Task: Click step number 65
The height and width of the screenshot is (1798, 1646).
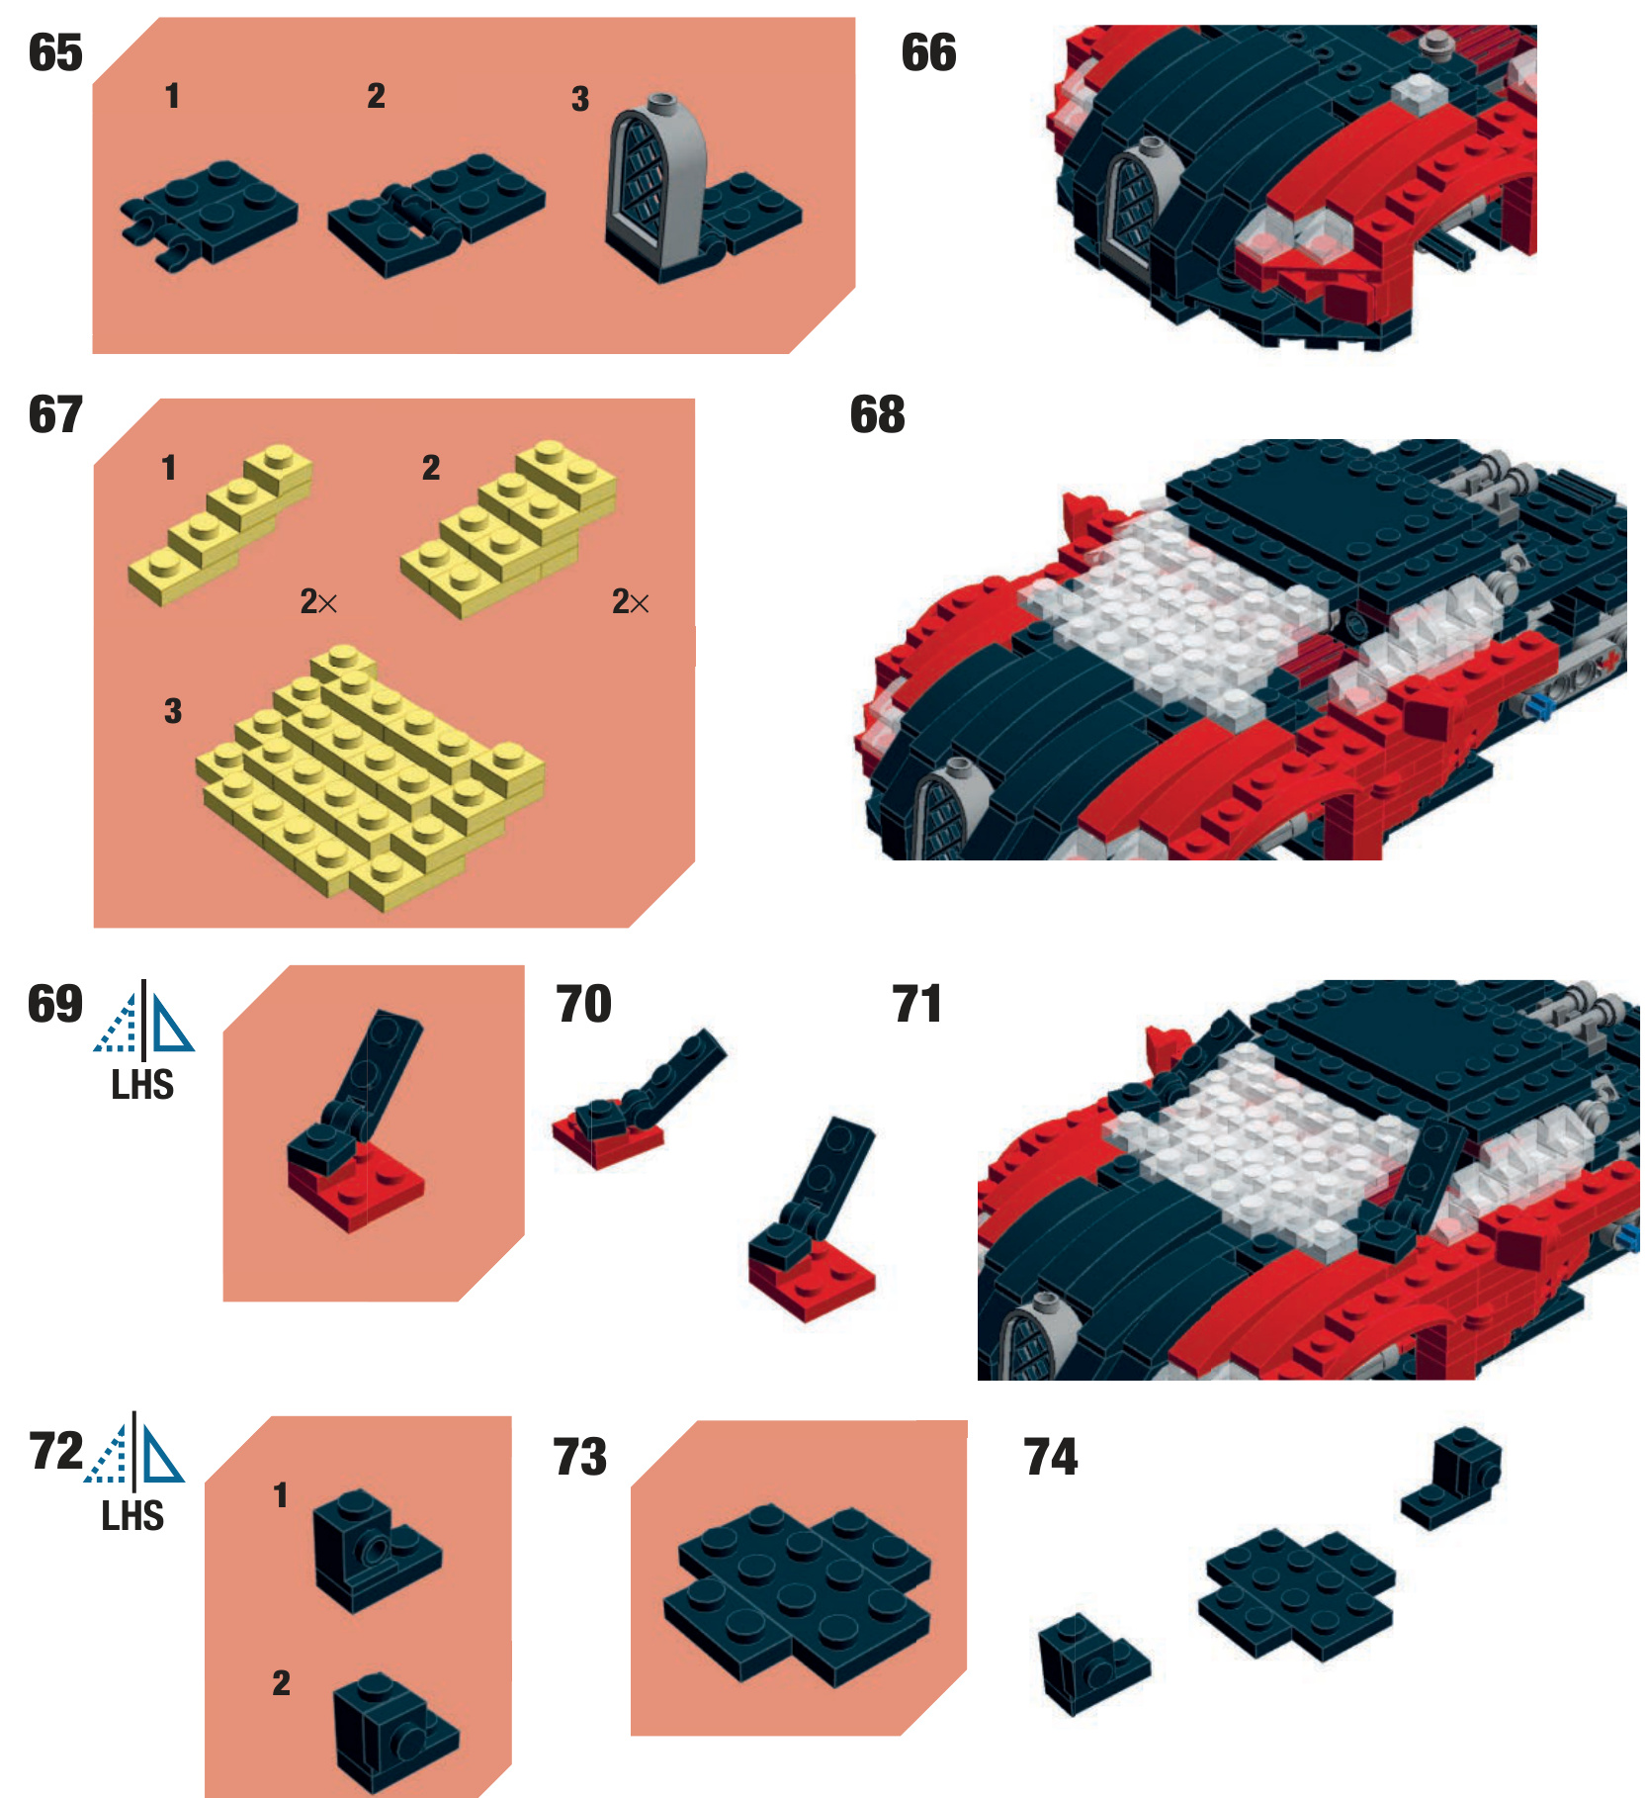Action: coord(55,52)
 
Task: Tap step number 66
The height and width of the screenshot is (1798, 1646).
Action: coord(928,52)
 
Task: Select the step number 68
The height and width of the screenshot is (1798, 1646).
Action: coord(877,414)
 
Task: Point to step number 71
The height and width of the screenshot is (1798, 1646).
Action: coord(916,1004)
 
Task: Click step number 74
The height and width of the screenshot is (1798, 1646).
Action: coord(1050,1457)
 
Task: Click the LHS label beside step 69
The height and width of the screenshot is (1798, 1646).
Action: coord(142,1085)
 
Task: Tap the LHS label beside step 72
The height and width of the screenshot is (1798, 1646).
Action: coord(132,1516)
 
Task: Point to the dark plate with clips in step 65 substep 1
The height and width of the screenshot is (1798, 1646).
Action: coord(209,214)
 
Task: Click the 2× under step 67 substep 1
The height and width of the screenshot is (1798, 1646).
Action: coord(318,601)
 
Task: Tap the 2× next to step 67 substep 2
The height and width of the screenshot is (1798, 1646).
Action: coord(630,601)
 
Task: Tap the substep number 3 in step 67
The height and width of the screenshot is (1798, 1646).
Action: coord(173,710)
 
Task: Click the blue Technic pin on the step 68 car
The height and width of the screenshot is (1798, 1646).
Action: coord(1536,705)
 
